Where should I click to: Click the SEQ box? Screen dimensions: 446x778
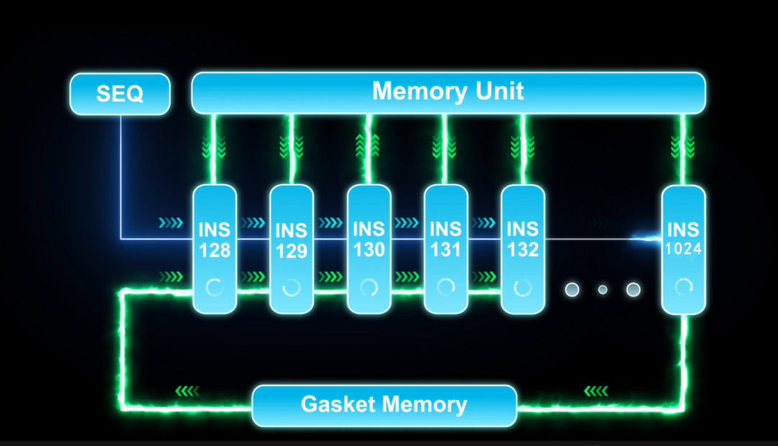[120, 94]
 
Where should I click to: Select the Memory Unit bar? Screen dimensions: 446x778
[448, 92]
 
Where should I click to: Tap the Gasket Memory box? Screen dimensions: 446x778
[384, 405]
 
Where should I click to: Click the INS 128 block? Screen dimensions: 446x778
[215, 249]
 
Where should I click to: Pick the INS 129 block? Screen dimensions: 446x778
[291, 249]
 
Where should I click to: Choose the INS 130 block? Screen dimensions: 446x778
[369, 249]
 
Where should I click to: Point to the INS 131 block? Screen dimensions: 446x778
[445, 249]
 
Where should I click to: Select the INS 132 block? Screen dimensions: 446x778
[522, 249]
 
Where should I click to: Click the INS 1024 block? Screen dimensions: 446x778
[683, 249]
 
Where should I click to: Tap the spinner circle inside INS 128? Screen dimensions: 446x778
[215, 287]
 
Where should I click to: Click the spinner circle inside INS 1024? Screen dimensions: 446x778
[683, 287]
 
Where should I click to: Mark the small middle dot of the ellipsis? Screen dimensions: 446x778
[603, 290]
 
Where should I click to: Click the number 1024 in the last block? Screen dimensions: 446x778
[683, 249]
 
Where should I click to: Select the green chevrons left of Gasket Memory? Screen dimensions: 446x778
[187, 391]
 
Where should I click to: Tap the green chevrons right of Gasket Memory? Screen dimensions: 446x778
[596, 391]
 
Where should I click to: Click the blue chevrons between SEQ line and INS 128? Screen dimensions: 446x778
[171, 223]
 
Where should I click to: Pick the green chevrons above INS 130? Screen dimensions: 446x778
[368, 146]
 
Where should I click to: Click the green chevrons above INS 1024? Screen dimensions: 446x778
[681, 146]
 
